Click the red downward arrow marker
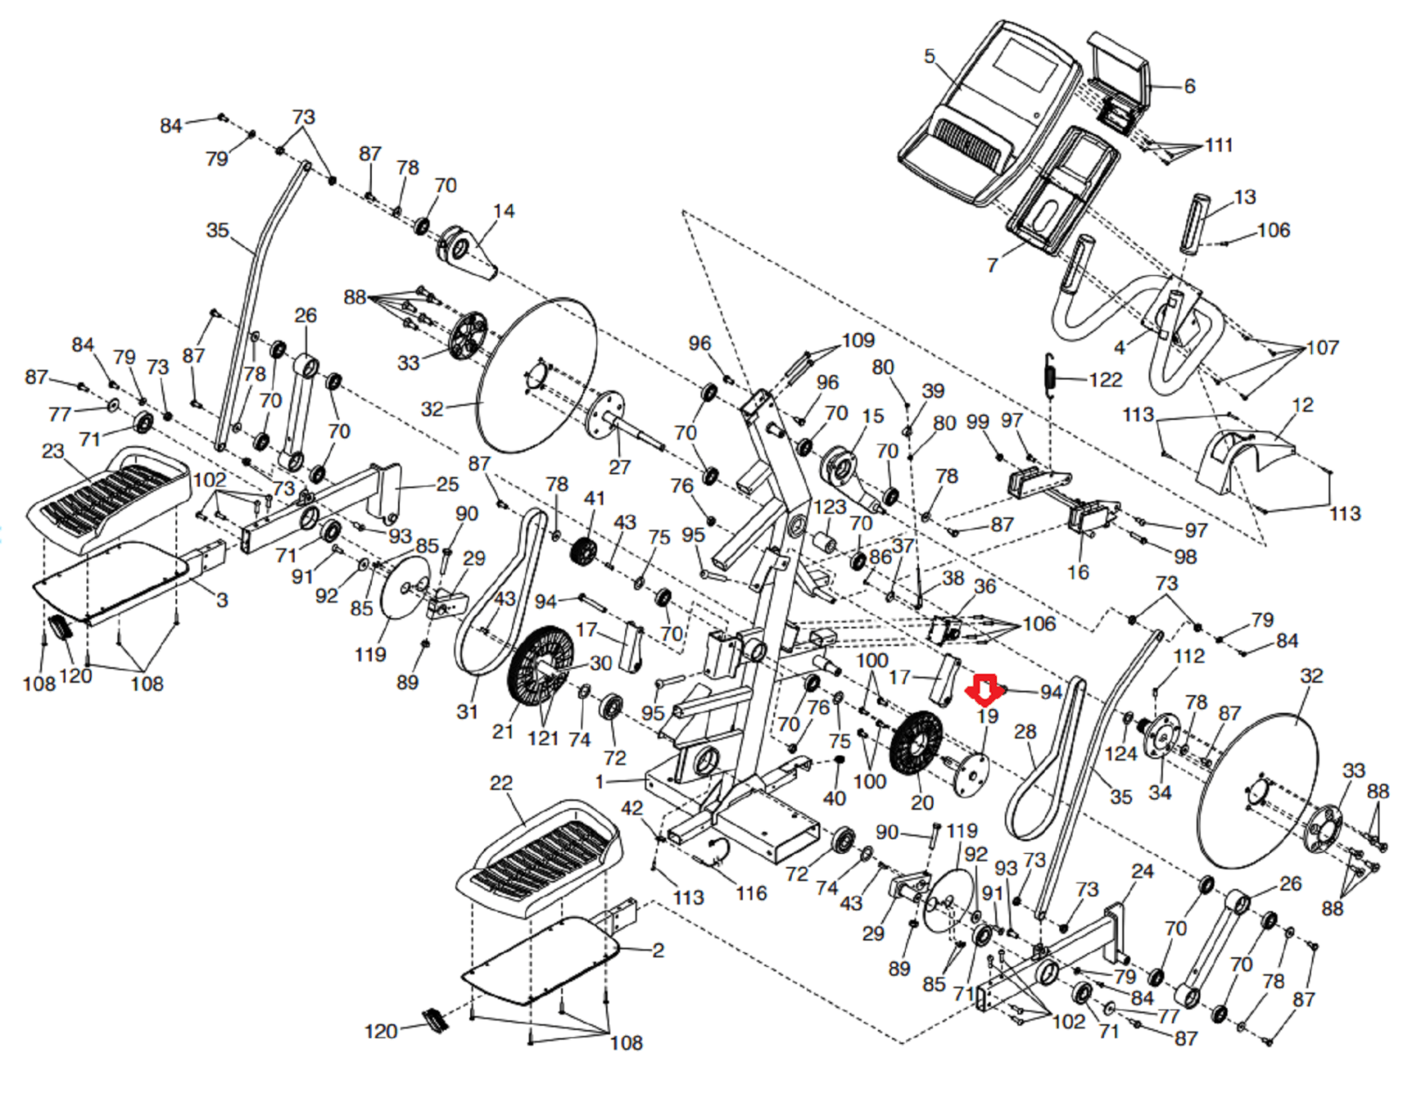click(986, 690)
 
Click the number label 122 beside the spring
click(1106, 380)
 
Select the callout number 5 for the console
click(929, 57)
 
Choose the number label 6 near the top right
click(1189, 86)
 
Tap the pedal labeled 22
click(539, 855)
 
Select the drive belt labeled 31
click(495, 596)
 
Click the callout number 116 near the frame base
click(751, 893)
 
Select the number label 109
click(858, 340)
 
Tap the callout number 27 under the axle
click(619, 466)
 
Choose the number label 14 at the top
click(503, 211)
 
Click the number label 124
click(1121, 754)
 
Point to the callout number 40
click(834, 798)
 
